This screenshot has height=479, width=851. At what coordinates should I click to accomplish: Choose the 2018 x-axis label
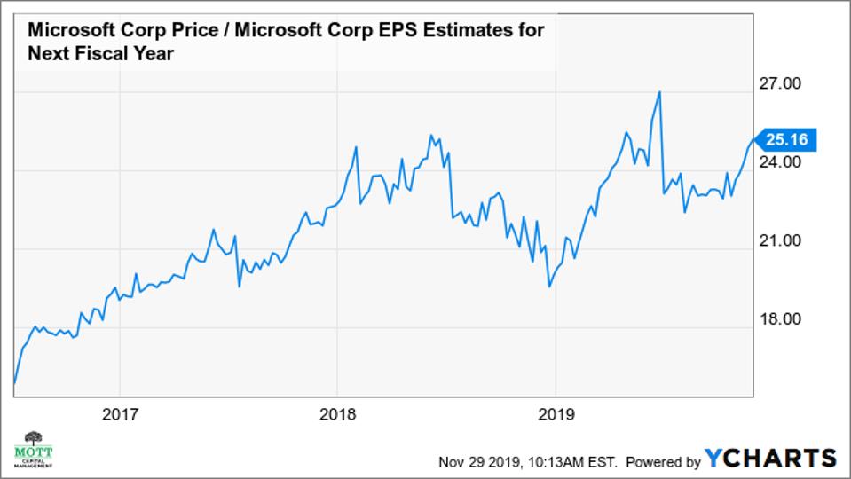[337, 413]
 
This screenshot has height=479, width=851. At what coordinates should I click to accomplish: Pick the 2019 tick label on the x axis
[555, 413]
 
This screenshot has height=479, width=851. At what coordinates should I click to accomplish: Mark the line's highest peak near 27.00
[659, 91]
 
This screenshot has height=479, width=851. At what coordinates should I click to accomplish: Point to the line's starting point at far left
[14, 384]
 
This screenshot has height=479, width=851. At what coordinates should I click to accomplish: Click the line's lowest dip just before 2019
[550, 287]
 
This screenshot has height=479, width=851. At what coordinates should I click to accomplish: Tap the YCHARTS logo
[770, 458]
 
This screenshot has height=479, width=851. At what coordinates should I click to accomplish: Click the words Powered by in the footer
[664, 461]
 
